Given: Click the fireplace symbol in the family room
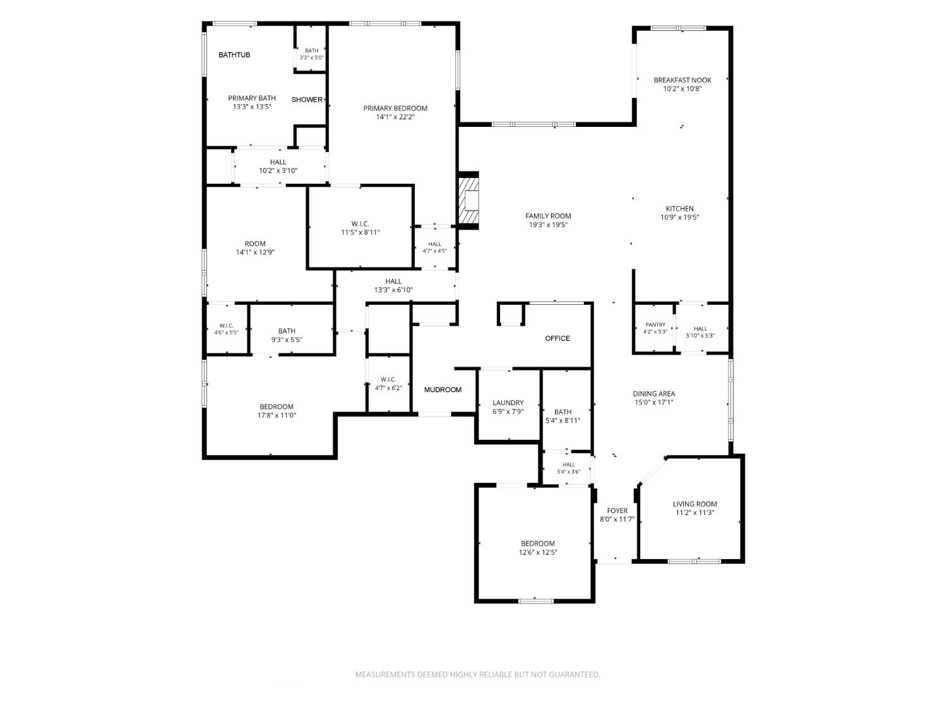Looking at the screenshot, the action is [468, 200].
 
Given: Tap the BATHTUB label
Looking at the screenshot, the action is [234, 55].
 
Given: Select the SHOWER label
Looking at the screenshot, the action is [307, 100].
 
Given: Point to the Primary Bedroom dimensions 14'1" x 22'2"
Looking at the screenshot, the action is [395, 117].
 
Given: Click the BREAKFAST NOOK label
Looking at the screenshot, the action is [682, 80].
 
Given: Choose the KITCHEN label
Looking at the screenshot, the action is [680, 209].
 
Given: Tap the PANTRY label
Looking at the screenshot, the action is [655, 324].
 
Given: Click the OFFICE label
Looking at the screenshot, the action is [557, 338].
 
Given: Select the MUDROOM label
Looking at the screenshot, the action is [443, 389].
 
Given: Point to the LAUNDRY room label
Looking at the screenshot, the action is [508, 403].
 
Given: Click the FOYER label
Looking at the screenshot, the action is [617, 511].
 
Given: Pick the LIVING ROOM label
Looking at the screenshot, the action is [695, 504].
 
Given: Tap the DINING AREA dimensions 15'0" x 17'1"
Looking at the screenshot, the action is [654, 402].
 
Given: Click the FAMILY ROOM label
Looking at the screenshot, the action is [549, 216].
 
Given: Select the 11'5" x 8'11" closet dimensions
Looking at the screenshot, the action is [360, 232].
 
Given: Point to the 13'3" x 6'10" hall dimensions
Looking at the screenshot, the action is [393, 290].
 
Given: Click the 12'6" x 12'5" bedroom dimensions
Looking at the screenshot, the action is [538, 552].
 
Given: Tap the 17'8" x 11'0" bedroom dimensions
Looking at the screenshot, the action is [277, 415].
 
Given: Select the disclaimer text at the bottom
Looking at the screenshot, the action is [477, 675].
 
